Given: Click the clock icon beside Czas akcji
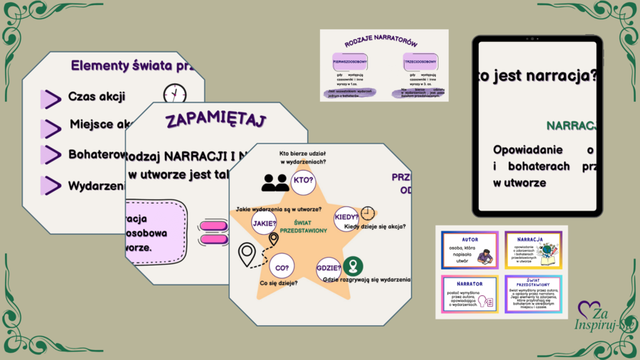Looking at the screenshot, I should pyautogui.click(x=174, y=94).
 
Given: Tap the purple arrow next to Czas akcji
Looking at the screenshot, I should pyautogui.click(x=50, y=98).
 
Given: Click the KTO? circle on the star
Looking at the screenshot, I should pyautogui.click(x=304, y=181).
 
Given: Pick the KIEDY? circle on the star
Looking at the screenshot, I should pyautogui.click(x=346, y=216).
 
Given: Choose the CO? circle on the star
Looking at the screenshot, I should pyautogui.click(x=282, y=268).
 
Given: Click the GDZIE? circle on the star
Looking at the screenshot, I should pyautogui.click(x=329, y=268).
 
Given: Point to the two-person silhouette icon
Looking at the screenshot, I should pyautogui.click(x=274, y=184).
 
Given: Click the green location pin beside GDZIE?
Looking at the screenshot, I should pyautogui.click(x=351, y=268).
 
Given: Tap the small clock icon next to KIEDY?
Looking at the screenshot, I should pyautogui.click(x=367, y=213).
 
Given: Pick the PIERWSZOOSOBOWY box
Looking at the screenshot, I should pyautogui.click(x=349, y=63).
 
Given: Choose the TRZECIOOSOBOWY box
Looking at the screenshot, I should pyautogui.click(x=420, y=63).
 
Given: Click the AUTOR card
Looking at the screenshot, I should pyautogui.click(x=470, y=250).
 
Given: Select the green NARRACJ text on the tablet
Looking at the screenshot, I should pyautogui.click(x=570, y=126).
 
